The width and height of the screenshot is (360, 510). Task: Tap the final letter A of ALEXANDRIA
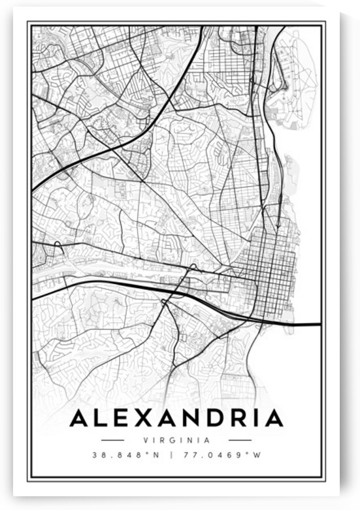(x=274, y=418)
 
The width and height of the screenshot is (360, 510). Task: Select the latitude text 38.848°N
(x=120, y=456)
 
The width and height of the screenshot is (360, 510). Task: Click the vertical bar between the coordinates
(x=172, y=456)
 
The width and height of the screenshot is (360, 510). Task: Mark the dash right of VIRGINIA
(x=240, y=440)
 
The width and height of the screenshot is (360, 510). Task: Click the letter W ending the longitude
(x=258, y=456)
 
